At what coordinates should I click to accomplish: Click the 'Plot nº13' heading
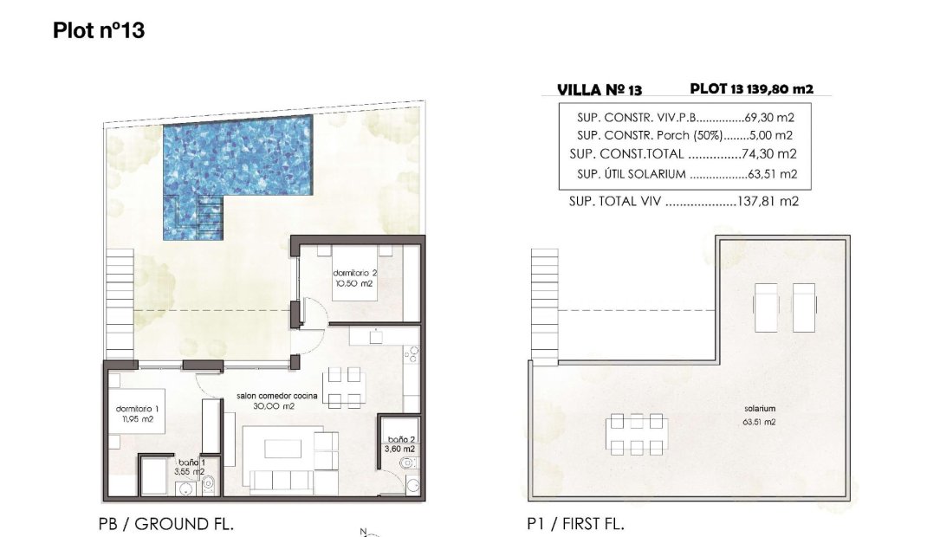[99, 31]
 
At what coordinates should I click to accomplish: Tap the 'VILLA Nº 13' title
[600, 89]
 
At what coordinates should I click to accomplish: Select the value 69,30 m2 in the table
[770, 117]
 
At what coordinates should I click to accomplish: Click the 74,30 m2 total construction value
[769, 154]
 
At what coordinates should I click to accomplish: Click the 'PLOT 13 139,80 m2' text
[751, 88]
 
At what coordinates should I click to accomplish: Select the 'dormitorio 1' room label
[137, 409]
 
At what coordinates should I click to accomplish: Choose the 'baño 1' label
[191, 463]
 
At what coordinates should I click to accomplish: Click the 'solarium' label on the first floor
[758, 408]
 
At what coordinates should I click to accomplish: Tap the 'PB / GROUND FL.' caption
[166, 524]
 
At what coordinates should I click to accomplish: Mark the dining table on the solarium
[637, 434]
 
